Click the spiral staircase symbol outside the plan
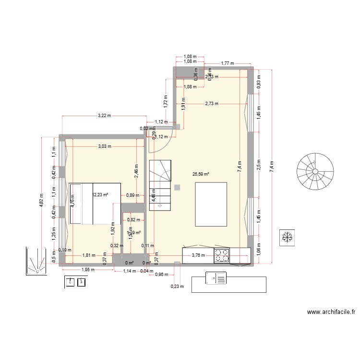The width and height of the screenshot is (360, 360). click(x=314, y=171)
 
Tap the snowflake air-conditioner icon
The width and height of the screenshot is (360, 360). click(x=288, y=237)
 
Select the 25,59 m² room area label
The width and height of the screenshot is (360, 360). click(x=201, y=175)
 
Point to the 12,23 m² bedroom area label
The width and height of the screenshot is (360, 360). click(x=100, y=195)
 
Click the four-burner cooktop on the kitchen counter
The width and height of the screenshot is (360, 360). click(x=221, y=255)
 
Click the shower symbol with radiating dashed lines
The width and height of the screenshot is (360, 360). click(x=36, y=262)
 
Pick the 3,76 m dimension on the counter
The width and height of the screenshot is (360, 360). click(x=198, y=255)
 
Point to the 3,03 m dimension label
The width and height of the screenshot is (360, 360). click(x=104, y=146)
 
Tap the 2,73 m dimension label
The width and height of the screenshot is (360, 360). click(x=211, y=103)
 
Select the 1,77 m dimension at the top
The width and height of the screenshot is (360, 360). click(x=228, y=63)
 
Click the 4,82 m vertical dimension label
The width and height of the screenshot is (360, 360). click(x=42, y=200)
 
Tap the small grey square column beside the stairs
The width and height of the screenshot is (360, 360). click(x=178, y=187)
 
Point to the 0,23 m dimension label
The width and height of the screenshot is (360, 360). click(x=177, y=287)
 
